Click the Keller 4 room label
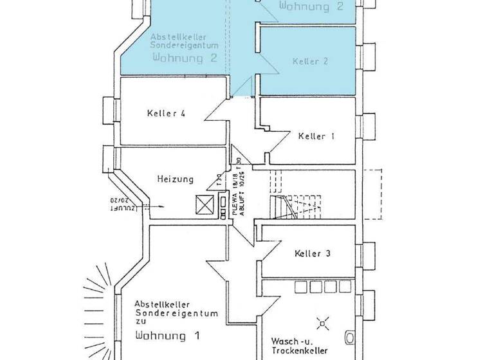coord(166,114)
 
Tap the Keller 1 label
coord(316,136)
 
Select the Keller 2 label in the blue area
coord(310,61)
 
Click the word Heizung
coord(175,179)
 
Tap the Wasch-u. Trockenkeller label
coord(300,346)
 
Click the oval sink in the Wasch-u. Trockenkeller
coord(349,337)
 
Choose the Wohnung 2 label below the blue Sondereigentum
coord(184,58)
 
